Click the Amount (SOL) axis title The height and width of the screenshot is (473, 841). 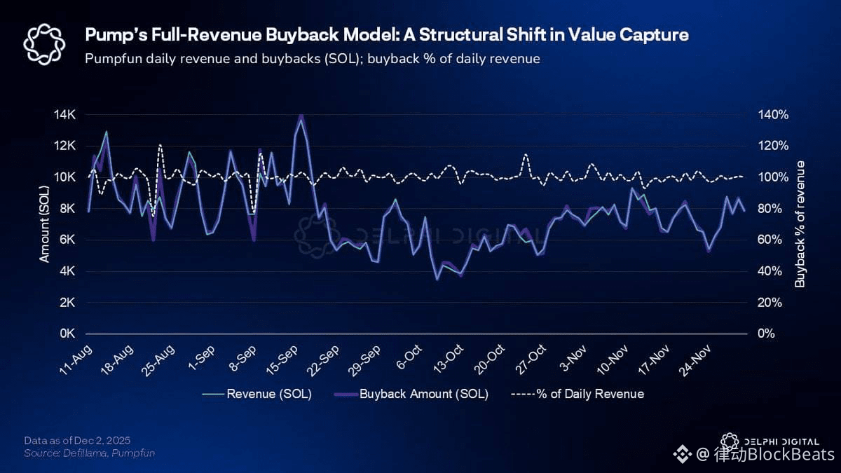pyautogui.click(x=45, y=224)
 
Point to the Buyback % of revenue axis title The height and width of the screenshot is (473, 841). pyautogui.click(x=800, y=224)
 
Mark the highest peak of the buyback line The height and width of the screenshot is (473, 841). pyautogui.click(x=301, y=116)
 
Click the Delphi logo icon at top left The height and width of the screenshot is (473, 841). pyautogui.click(x=43, y=43)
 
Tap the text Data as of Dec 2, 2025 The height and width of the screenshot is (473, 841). pyautogui.click(x=77, y=440)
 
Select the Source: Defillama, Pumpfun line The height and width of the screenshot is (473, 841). pyautogui.click(x=89, y=453)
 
